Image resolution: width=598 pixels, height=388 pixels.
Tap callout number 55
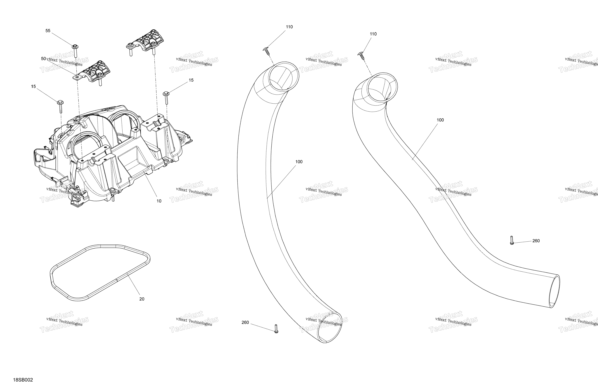pos(48,31)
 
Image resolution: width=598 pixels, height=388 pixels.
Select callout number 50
pos(43,59)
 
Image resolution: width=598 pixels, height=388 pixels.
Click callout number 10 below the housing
pos(159,201)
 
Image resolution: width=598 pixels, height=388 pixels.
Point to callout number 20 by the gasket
pos(142,299)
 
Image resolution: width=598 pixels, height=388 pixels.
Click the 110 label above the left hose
pos(289,27)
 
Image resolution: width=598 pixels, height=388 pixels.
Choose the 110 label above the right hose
pos(373,34)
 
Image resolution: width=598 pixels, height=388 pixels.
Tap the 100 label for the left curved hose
pos(299,162)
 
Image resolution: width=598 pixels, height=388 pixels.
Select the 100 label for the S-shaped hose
pos(440,120)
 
